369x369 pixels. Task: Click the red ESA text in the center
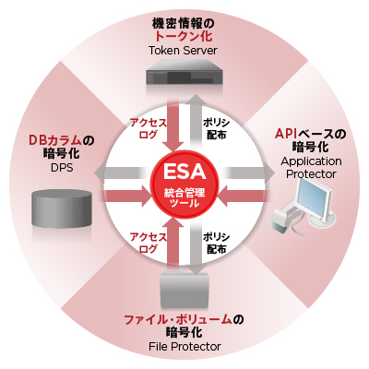coord(184,172)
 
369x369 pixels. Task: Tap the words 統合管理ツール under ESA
coord(184,198)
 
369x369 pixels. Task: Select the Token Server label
coord(183,51)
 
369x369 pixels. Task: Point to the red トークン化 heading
coord(183,36)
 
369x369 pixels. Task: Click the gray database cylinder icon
coord(62,208)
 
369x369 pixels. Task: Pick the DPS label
coord(62,168)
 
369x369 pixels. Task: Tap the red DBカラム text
coord(55,140)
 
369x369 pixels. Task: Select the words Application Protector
coord(311,167)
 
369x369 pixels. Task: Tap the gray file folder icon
coord(184,290)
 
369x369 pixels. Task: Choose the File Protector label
coord(184,347)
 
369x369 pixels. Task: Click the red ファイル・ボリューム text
coord(177,320)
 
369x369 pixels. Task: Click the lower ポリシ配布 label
coord(216,243)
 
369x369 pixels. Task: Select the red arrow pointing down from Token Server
coord(173,127)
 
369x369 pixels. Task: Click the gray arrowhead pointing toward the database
coord(100,173)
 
